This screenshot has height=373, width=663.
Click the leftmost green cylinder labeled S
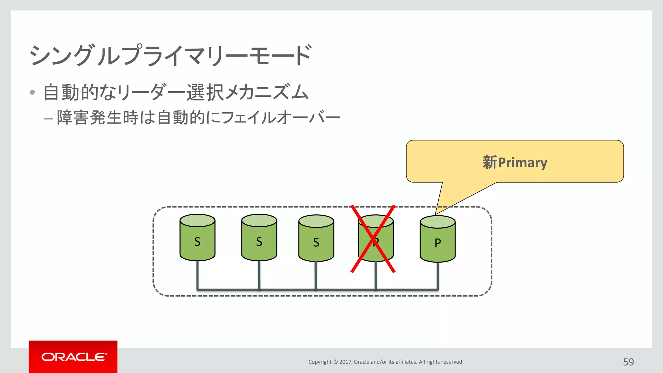[x=197, y=238]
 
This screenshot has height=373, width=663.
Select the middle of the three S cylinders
[x=259, y=238]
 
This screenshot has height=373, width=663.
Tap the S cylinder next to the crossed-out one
[x=316, y=239]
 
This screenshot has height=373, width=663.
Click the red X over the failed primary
[x=373, y=239]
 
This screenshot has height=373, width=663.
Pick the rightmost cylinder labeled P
[x=437, y=240]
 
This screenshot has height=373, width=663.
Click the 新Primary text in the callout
[x=515, y=162]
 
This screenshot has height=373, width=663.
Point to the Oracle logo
[x=73, y=357]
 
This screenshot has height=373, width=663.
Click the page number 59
[x=628, y=362]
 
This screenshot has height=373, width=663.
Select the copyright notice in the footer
[x=386, y=362]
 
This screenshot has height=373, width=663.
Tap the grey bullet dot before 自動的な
[x=32, y=92]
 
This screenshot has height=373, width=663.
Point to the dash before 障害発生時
[x=48, y=119]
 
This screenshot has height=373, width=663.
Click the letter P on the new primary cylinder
[x=438, y=243]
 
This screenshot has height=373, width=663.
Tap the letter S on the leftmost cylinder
[x=197, y=242]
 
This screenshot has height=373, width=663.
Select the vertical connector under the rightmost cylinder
[x=438, y=275]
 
